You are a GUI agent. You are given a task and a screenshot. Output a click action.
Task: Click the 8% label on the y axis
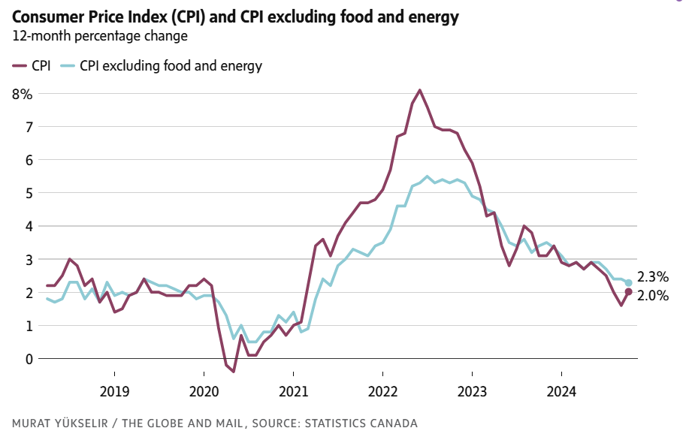22,94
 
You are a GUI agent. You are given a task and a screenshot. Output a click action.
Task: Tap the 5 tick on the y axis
30,193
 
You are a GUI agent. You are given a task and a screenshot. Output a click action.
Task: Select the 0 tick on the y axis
30,359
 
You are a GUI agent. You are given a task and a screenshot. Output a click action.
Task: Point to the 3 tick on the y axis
30,259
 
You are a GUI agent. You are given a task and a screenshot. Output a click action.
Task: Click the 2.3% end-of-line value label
652,276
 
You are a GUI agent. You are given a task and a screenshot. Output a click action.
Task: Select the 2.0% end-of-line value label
652,296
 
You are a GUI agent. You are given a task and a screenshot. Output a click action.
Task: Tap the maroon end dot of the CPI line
629,292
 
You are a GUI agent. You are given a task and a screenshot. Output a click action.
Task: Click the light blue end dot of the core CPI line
629,282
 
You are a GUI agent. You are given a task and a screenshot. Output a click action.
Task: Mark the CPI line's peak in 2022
419,90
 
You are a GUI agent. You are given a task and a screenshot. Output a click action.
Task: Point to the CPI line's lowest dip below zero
234,372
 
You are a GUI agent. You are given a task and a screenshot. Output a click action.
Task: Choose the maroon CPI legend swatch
20,66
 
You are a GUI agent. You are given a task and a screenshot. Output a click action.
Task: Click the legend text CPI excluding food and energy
171,66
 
